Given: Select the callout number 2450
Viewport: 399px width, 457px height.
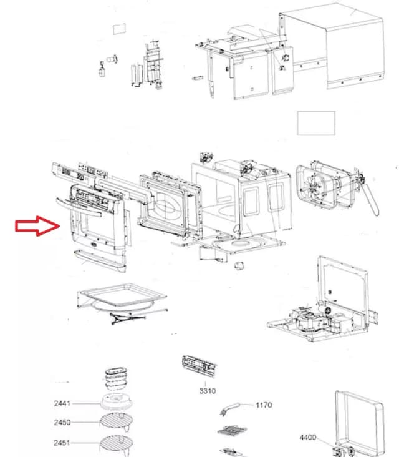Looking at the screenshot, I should coord(62,423).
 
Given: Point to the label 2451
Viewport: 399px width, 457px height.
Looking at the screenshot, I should coord(62,443).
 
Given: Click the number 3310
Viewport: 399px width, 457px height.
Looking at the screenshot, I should coord(208,391).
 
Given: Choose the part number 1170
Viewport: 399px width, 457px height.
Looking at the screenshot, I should coord(264,405).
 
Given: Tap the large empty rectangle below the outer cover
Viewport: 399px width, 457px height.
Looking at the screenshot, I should coord(316,122).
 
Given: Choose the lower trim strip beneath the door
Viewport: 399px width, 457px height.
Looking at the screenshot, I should coord(100,259).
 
